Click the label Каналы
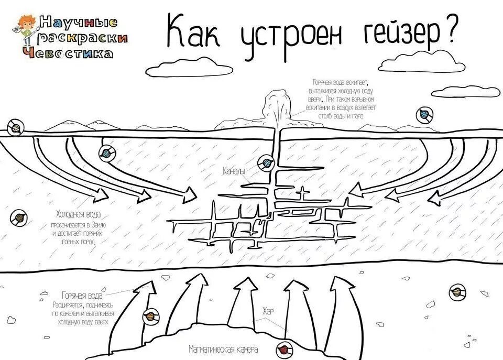tap(234, 171)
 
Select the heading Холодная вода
tap(79, 214)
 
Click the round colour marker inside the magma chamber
tap(283, 348)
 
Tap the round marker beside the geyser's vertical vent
tap(267, 162)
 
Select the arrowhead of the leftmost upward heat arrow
tap(147, 287)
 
